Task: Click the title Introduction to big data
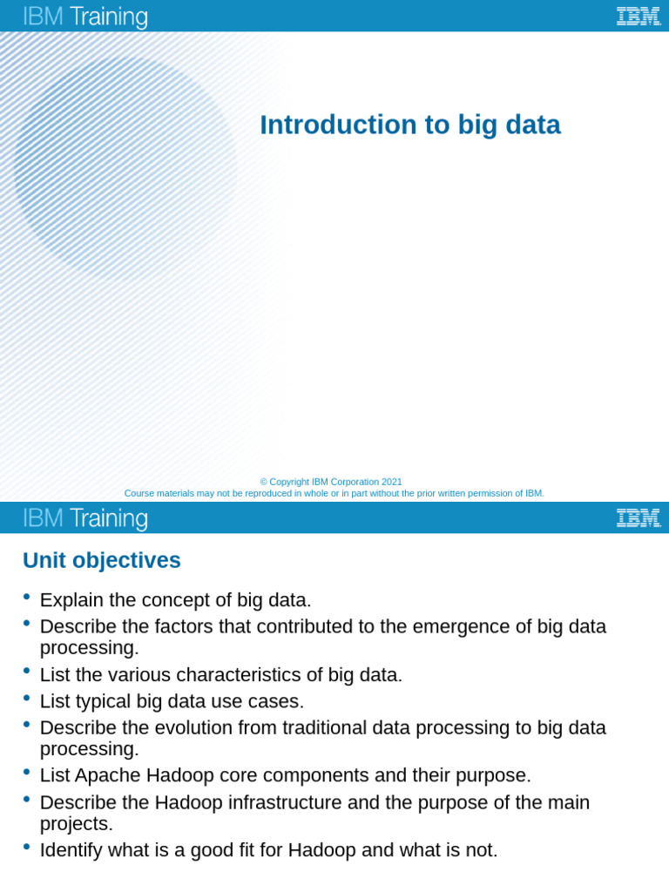pyautogui.click(x=409, y=125)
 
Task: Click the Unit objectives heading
pyautogui.click(x=102, y=560)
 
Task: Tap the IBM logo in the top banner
pyautogui.click(x=638, y=16)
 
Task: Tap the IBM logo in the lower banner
pyautogui.click(x=638, y=517)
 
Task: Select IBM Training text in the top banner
pyautogui.click(x=85, y=17)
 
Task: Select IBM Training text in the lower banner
pyautogui.click(x=85, y=518)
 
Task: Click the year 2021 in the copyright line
pyautogui.click(x=391, y=482)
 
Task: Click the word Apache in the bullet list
pyautogui.click(x=105, y=775)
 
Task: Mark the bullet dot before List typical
pyautogui.click(x=27, y=698)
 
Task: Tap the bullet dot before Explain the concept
pyautogui.click(x=27, y=597)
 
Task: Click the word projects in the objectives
pyautogui.click(x=74, y=823)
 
